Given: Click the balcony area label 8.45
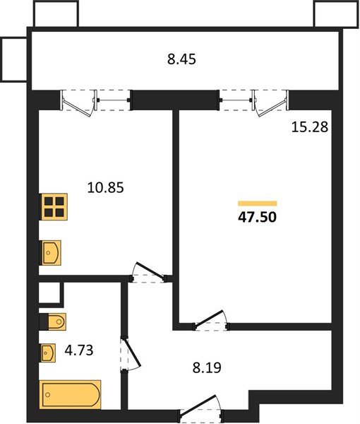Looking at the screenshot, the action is point(181,59).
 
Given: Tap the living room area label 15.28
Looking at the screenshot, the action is point(310,126).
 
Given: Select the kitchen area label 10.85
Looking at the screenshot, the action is point(106,187).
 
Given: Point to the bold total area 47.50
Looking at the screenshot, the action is point(258,217).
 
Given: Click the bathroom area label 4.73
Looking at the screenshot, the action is point(79,351).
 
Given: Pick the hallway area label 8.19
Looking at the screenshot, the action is point(207,367).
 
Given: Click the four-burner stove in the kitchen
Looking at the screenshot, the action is point(54,206).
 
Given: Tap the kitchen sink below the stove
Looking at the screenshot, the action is point(51,253).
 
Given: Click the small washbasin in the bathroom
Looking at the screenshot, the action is point(48,353).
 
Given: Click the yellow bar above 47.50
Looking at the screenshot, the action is point(258,204).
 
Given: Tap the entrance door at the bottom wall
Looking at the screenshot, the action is point(201,406).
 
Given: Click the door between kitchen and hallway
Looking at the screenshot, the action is point(148,273).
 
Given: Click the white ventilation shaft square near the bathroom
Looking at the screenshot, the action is point(49,293).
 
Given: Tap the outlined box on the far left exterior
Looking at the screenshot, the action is point(14,59).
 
